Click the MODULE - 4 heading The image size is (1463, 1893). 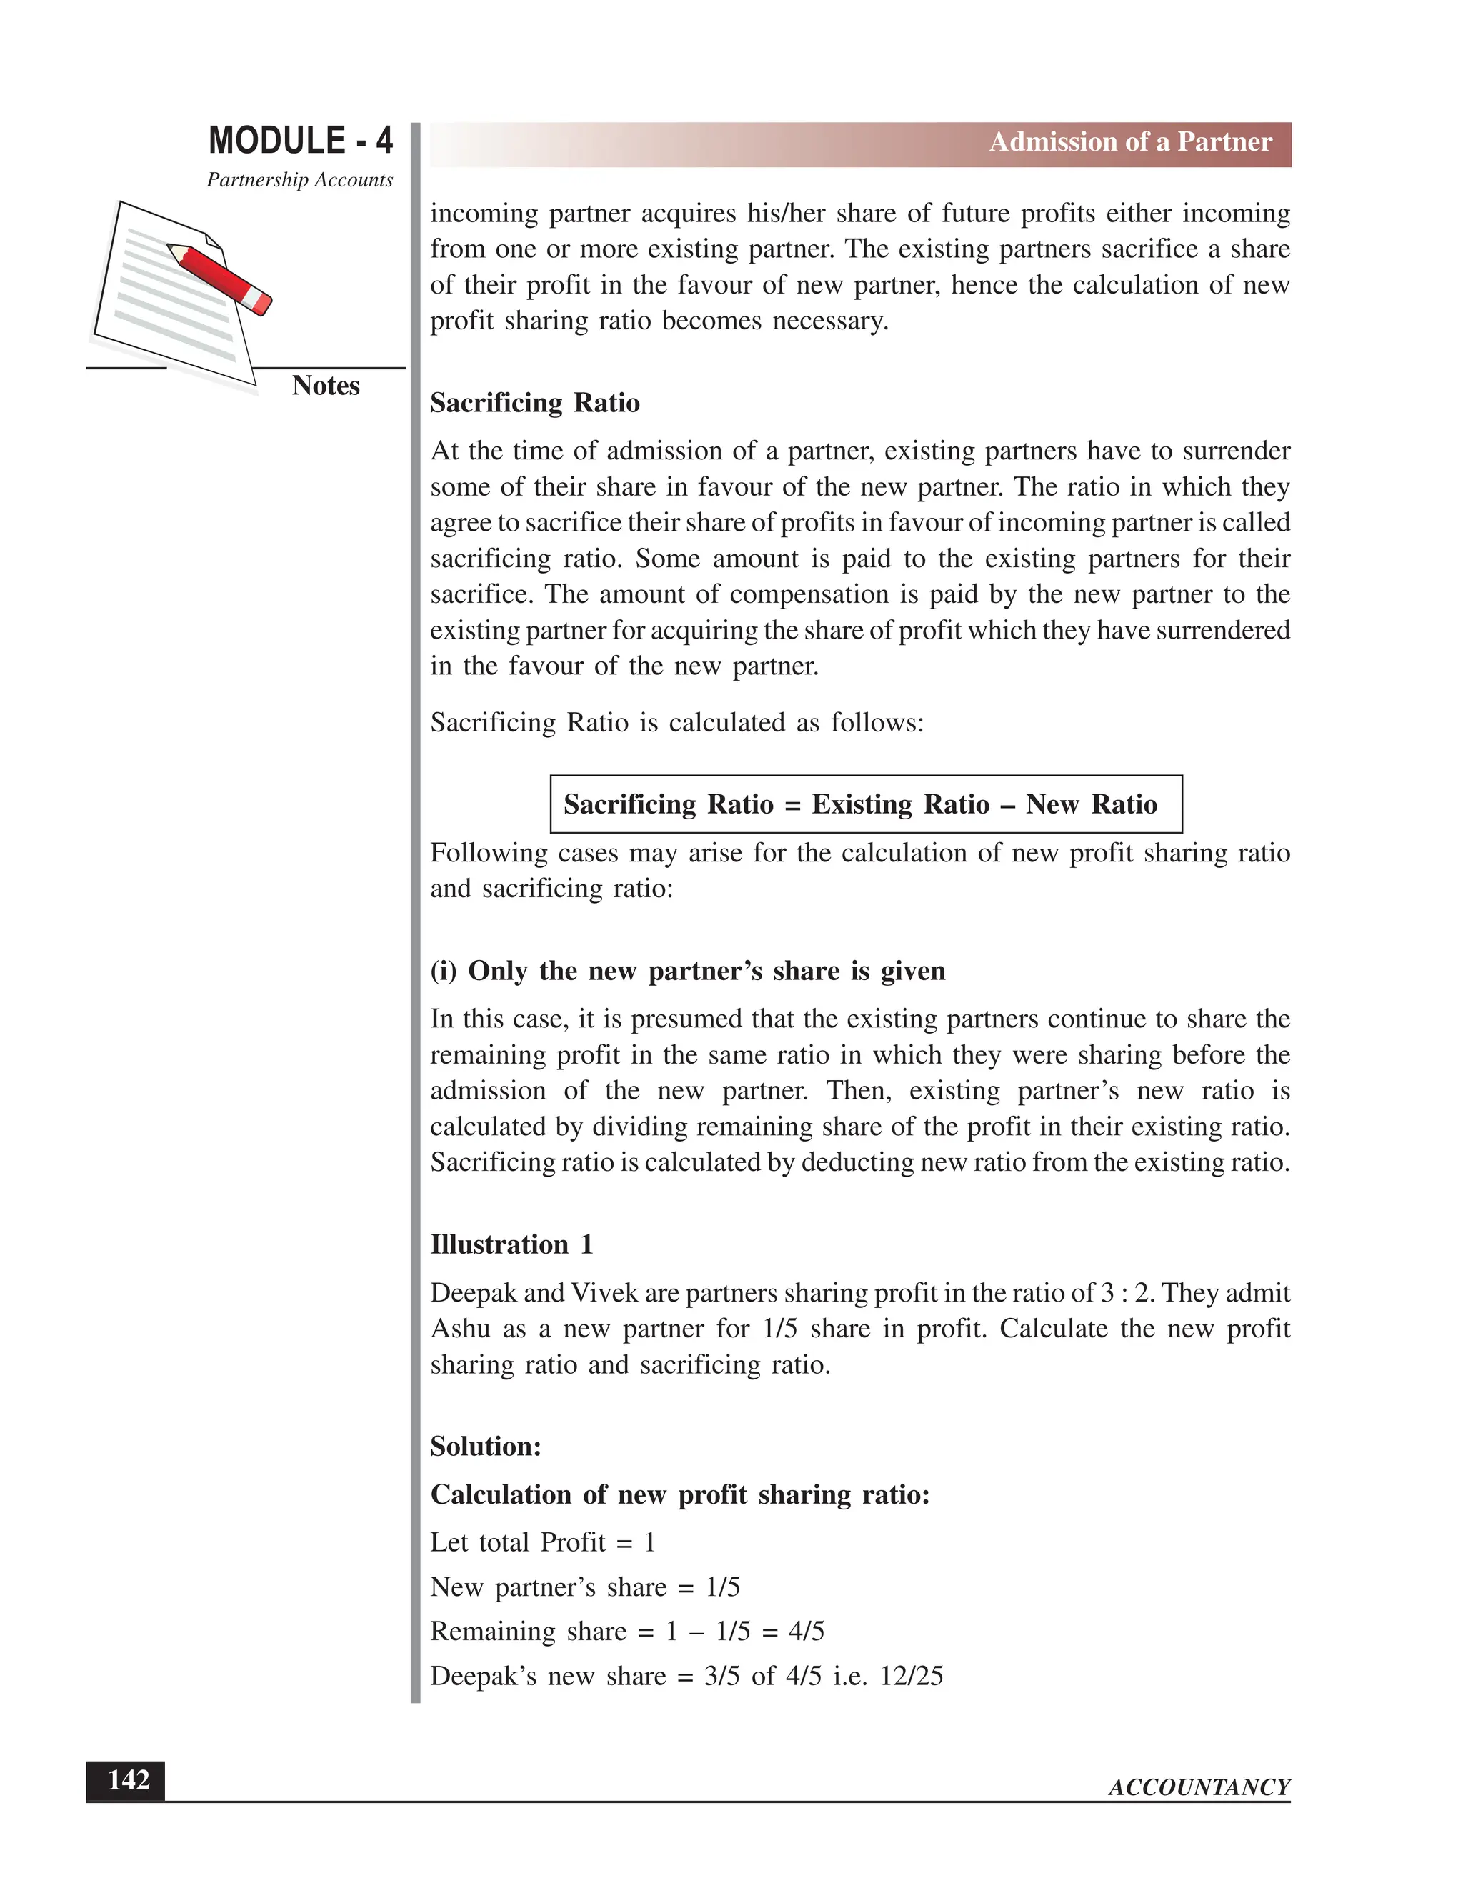(x=300, y=141)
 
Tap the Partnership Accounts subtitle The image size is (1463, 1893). (x=300, y=180)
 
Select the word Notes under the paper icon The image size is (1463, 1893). (x=325, y=386)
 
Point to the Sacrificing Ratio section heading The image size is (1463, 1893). (x=535, y=403)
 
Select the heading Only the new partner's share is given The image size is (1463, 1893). (x=687, y=971)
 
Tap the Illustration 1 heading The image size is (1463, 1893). (x=511, y=1244)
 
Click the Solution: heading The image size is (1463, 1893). (x=485, y=1447)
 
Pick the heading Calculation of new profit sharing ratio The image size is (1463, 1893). (x=679, y=1495)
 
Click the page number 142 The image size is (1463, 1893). (x=127, y=1779)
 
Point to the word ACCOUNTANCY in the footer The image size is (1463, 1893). (x=1199, y=1787)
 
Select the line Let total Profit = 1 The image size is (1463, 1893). (x=543, y=1543)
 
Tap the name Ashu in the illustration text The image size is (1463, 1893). (x=460, y=1329)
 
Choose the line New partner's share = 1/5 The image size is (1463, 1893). (x=585, y=1587)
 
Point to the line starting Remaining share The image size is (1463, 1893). (x=626, y=1632)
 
